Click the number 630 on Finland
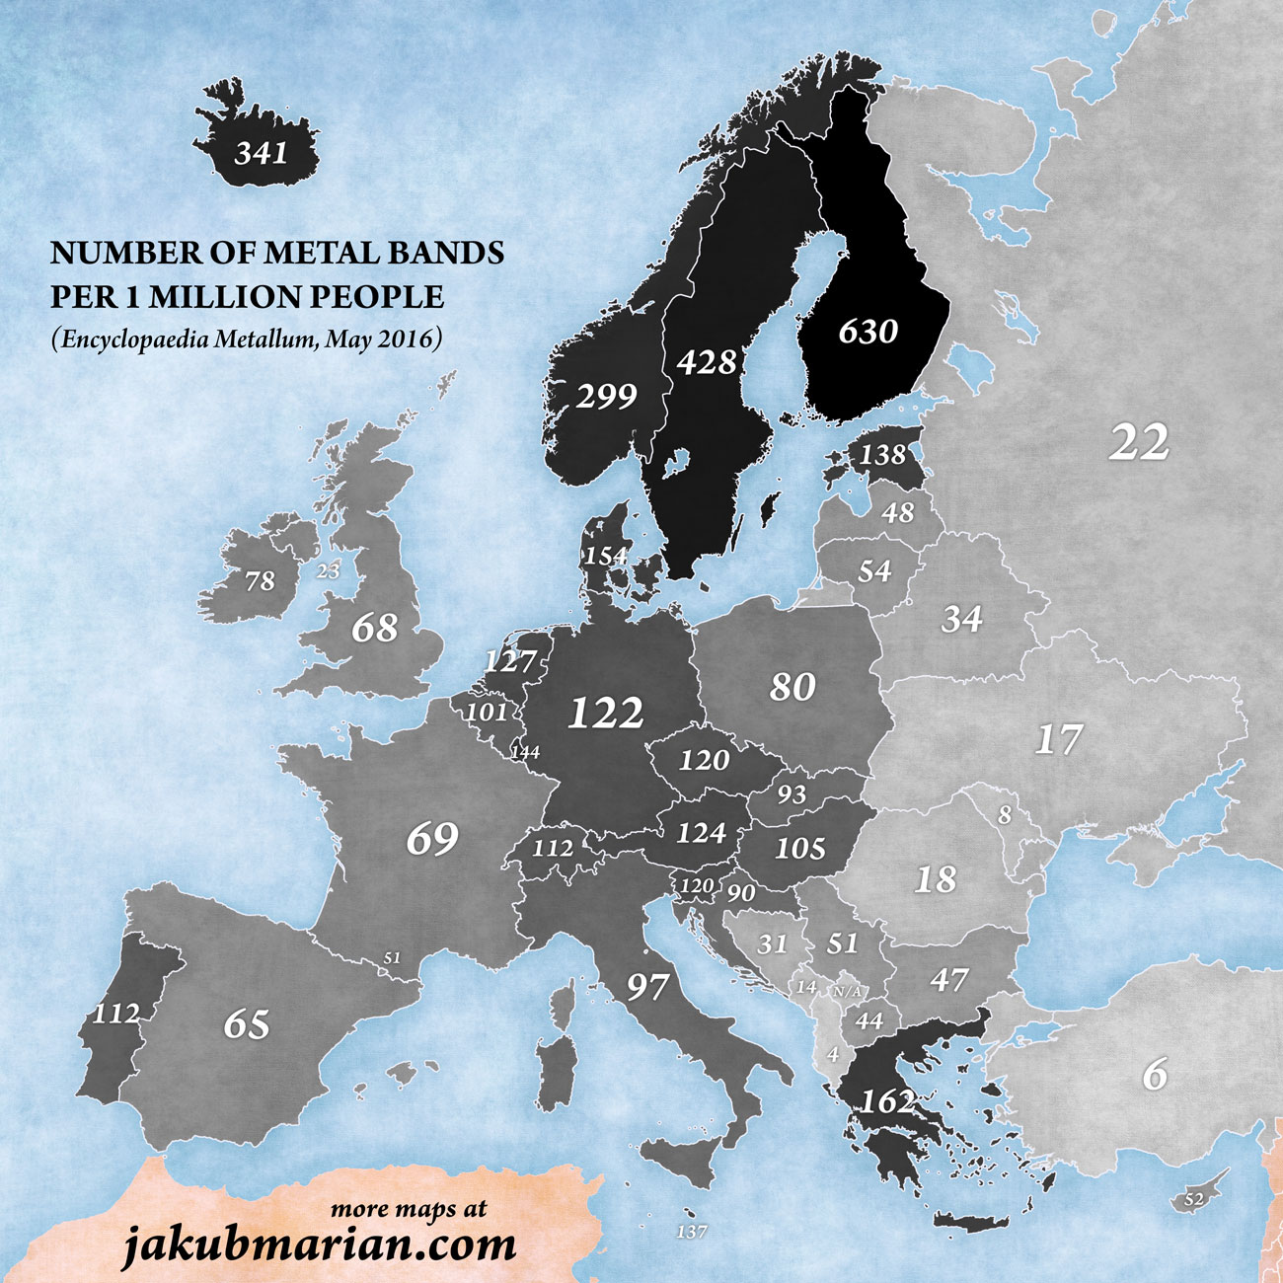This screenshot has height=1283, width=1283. tap(868, 331)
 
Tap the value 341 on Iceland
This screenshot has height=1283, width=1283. tap(262, 153)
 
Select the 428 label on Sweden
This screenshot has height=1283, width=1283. tap(707, 362)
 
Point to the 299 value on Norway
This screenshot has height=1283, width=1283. tap(606, 397)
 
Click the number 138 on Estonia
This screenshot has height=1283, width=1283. tap(881, 454)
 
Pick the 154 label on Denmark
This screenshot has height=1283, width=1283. tap(605, 556)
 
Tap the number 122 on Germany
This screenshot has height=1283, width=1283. tap(606, 712)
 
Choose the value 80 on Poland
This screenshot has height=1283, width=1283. tap(792, 687)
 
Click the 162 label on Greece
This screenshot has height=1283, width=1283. tap(887, 1100)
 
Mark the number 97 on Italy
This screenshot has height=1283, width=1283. tap(647, 986)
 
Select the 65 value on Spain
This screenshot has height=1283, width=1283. tap(246, 1023)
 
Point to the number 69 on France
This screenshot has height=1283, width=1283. tap(432, 839)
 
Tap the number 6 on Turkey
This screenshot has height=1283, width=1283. tap(1154, 1073)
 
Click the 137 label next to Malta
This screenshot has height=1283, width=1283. tap(691, 1232)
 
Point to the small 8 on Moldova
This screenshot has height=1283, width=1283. tap(1005, 815)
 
